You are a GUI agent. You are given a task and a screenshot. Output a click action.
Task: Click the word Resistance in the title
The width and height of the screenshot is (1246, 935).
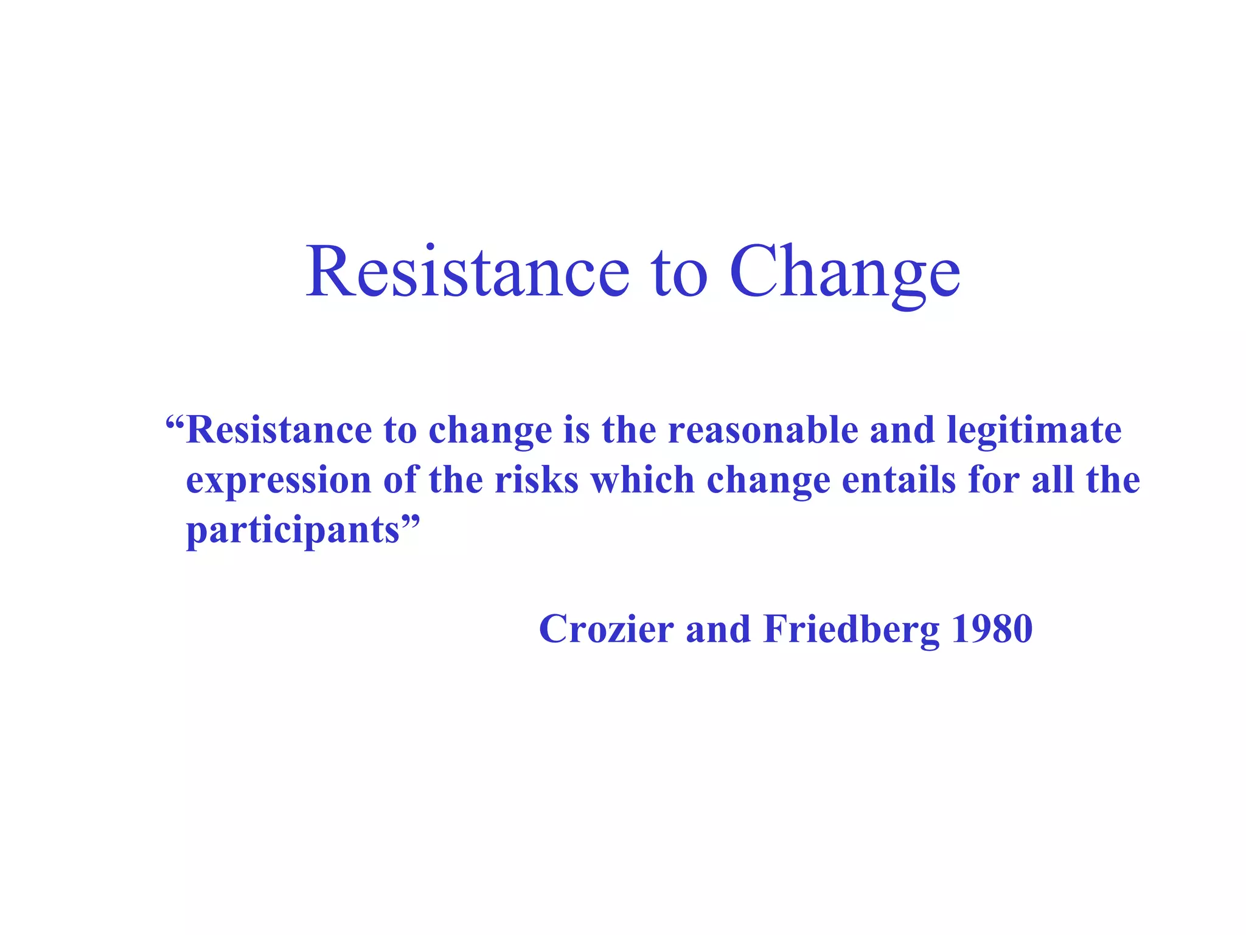[467, 271]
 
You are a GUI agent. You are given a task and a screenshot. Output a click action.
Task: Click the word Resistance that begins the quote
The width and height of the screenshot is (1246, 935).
[279, 430]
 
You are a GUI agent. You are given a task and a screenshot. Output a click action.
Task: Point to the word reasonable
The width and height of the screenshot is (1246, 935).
[763, 430]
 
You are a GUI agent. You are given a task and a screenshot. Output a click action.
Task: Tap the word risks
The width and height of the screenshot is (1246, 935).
[536, 480]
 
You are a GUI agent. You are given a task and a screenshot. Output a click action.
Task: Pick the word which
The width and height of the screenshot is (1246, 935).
[642, 480]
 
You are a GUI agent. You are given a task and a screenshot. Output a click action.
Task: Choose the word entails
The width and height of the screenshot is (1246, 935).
[899, 480]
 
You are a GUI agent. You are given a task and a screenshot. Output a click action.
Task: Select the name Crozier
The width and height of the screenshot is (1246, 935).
[606, 629]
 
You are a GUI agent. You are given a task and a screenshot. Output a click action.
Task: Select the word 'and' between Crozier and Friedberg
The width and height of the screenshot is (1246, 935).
[718, 629]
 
